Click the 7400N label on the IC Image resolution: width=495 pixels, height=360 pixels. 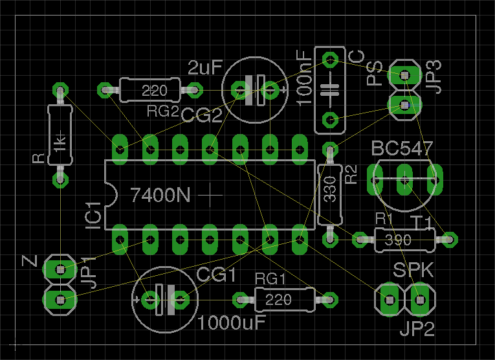[x=160, y=194]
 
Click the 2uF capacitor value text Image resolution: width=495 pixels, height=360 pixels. [x=205, y=67]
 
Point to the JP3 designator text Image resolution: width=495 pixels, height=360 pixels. [x=434, y=76]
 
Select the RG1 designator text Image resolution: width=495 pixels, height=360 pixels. [x=269, y=279]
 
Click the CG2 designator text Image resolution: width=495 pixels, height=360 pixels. [x=201, y=115]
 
